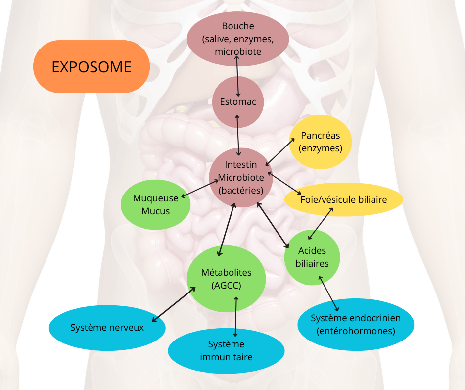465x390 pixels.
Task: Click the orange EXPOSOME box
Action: pyautogui.click(x=92, y=66)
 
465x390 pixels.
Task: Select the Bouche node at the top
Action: pyautogui.click(x=238, y=39)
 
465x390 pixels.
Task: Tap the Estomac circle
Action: pyautogui.click(x=238, y=102)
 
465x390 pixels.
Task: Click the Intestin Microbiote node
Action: pyautogui.click(x=241, y=178)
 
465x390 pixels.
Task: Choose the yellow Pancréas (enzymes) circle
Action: pyautogui.click(x=320, y=142)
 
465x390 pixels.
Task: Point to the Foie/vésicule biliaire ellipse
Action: pyautogui.click(x=344, y=199)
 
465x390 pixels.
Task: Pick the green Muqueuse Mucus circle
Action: pyautogui.click(x=156, y=204)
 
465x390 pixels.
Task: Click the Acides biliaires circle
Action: pyautogui.click(x=312, y=257)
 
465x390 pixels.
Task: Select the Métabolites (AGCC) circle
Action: pyautogui.click(x=226, y=279)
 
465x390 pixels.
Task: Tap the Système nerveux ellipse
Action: pyautogui.click(x=107, y=328)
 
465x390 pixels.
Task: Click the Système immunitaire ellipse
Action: pyautogui.click(x=226, y=350)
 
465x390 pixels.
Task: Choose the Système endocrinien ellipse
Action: pyautogui.click(x=356, y=324)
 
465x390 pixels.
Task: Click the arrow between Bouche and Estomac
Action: pyautogui.click(x=237, y=76)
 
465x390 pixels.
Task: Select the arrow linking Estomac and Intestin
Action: pyautogui.click(x=238, y=135)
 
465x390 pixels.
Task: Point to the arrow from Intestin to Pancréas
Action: pyautogui.click(x=280, y=152)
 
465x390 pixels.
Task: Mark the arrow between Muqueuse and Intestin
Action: pyautogui.click(x=199, y=189)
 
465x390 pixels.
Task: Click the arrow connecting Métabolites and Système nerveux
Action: pyautogui.click(x=174, y=304)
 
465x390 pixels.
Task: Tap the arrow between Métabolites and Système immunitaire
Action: pyautogui.click(x=236, y=317)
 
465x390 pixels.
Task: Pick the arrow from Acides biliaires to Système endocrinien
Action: pyautogui.click(x=328, y=293)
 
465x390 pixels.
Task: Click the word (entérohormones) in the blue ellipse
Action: pyautogui.click(x=356, y=331)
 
